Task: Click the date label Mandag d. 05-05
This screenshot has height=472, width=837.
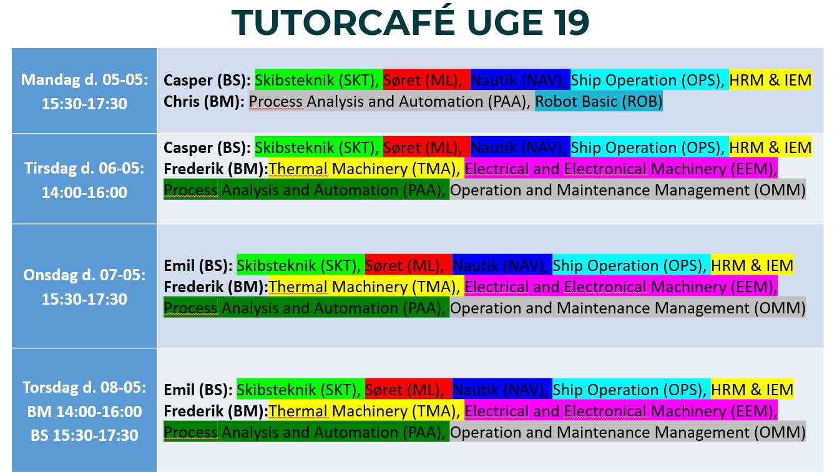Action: pos(84,79)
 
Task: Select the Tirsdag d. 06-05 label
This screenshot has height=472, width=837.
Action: pos(84,169)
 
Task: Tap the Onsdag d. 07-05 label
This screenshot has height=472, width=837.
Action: pos(84,275)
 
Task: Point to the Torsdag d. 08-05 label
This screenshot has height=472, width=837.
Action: pos(84,388)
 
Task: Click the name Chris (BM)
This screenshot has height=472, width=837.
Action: pos(204,102)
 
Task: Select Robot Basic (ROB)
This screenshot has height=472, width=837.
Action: pos(599,101)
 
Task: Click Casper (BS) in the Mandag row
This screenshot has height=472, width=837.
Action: pos(207,81)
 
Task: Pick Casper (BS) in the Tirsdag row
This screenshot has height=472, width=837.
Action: pos(207,147)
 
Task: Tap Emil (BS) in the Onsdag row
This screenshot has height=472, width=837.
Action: pos(198,266)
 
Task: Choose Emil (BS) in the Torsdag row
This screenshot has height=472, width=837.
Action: pos(198,390)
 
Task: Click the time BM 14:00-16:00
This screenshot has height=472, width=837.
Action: pos(84,411)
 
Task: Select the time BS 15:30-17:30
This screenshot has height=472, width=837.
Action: pos(84,435)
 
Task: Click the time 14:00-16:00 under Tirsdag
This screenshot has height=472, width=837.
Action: pos(84,192)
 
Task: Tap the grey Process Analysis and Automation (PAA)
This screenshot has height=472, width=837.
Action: pos(389,101)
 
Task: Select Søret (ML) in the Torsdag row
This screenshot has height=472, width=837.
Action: pos(404,390)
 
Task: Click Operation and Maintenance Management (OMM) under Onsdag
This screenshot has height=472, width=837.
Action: pos(628,308)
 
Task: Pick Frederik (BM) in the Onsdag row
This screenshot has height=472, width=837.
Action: pos(216,287)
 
